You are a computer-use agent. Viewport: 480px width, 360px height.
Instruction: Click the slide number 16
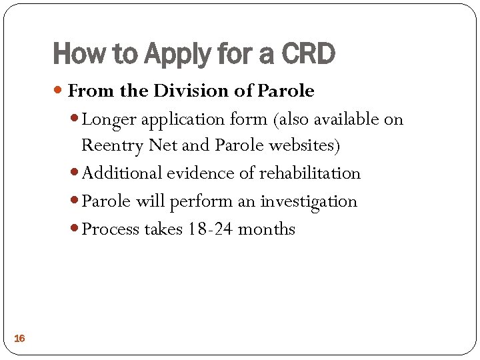tap(19, 339)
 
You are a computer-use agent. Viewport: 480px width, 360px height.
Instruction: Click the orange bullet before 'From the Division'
tap(61, 91)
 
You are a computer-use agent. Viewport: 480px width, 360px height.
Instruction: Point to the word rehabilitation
tap(309, 173)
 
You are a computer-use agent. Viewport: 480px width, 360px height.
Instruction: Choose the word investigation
tap(309, 201)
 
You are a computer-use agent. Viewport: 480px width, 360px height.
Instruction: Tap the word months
tap(266, 229)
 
